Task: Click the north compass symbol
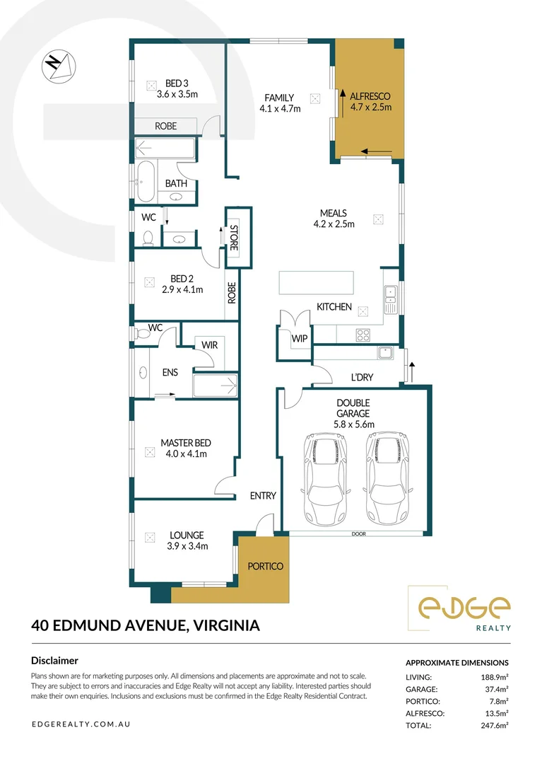click(59, 66)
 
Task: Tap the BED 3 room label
click(177, 83)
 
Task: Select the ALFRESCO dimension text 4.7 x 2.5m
click(371, 107)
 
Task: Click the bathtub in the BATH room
click(146, 182)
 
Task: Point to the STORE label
click(233, 237)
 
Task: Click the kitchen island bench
click(317, 282)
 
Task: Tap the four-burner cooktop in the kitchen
click(363, 335)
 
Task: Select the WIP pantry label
click(299, 338)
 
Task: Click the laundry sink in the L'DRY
click(385, 352)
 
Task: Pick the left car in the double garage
click(322, 478)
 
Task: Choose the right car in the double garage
click(387, 478)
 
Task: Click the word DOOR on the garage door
click(358, 534)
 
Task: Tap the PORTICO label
click(265, 566)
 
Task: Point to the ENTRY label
click(263, 495)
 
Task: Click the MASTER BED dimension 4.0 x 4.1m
click(187, 453)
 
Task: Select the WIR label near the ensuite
click(210, 345)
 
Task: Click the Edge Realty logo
click(459, 608)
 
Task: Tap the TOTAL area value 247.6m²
click(495, 725)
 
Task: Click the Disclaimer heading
click(54, 661)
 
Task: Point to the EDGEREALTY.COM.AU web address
click(81, 724)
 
